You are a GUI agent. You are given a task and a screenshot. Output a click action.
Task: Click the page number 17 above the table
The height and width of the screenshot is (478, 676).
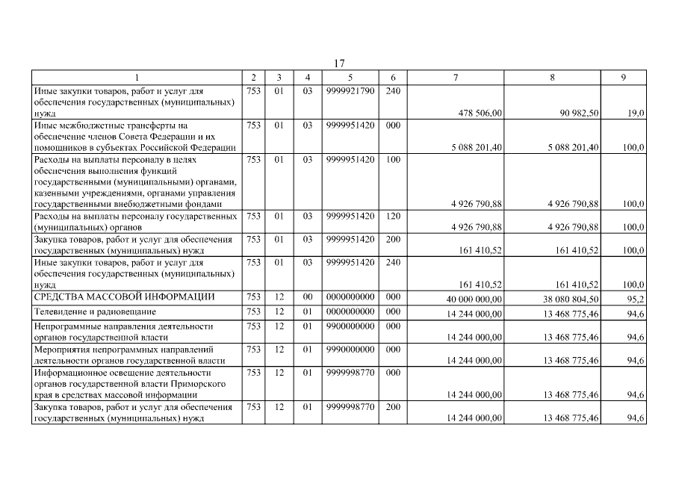(338, 63)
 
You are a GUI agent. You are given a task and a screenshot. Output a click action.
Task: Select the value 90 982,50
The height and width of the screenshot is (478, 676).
(573, 113)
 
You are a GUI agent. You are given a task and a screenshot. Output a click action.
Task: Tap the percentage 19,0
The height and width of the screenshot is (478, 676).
(635, 113)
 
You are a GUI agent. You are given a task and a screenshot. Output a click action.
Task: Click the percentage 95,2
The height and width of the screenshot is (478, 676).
(635, 299)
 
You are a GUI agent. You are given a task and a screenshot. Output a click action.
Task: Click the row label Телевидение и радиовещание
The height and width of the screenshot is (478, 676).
(96, 311)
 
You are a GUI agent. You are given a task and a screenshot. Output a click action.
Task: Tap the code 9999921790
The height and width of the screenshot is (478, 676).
(350, 90)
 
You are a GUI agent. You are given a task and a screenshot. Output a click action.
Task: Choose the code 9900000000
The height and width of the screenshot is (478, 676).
(350, 326)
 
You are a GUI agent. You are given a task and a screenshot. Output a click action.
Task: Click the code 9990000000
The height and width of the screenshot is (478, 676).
(350, 349)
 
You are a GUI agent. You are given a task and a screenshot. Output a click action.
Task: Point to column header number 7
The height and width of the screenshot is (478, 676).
(456, 77)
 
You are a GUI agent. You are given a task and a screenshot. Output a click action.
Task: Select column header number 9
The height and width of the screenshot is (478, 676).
(623, 77)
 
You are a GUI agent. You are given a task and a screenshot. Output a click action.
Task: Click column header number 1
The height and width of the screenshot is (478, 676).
(137, 77)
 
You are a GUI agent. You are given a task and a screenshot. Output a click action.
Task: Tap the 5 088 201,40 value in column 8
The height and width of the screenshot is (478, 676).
(573, 148)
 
